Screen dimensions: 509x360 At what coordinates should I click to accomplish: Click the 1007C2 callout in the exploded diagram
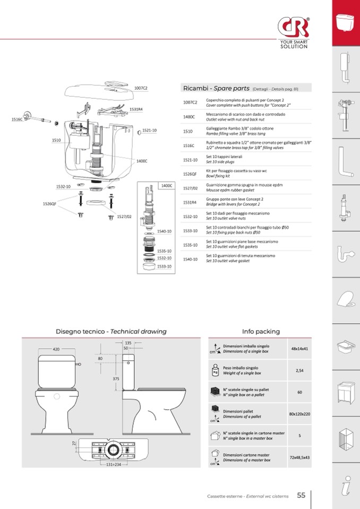click(x=141, y=88)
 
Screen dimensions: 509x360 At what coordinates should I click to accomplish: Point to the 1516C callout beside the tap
click(x=18, y=119)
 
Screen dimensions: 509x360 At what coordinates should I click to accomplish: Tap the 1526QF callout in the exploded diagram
click(x=49, y=204)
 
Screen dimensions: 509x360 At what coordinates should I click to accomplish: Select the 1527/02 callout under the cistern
click(x=124, y=217)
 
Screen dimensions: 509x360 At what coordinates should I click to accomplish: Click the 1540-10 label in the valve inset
click(x=165, y=231)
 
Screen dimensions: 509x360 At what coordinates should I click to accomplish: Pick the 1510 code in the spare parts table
click(x=188, y=131)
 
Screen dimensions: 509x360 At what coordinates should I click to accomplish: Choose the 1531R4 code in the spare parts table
click(x=190, y=202)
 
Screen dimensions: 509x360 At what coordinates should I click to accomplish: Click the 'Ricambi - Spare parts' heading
click(x=216, y=88)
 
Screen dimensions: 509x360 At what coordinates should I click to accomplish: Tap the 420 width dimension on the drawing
click(x=56, y=349)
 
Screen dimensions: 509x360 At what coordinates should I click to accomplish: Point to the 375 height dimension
click(x=116, y=378)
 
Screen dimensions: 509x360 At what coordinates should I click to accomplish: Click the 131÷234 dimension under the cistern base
click(x=113, y=464)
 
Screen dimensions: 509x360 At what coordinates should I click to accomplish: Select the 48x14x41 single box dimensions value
click(x=299, y=349)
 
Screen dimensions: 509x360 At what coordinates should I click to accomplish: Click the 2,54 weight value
click(x=299, y=370)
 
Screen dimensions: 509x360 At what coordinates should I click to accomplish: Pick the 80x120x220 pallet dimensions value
click(x=299, y=413)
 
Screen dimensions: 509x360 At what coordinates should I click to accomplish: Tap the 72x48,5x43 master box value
click(x=299, y=457)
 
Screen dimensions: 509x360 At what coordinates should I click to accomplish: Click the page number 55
click(x=301, y=495)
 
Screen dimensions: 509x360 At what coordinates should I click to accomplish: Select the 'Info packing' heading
click(x=261, y=331)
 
